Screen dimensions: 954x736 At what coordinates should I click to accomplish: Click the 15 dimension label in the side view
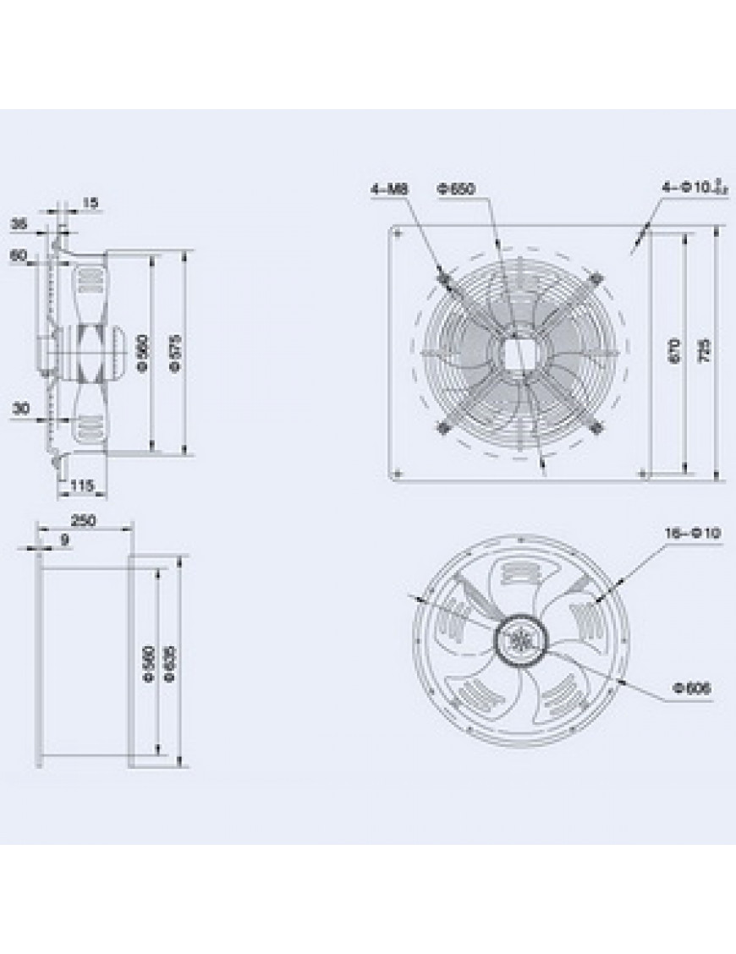pos(91,202)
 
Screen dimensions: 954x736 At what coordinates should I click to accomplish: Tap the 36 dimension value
pos(19,223)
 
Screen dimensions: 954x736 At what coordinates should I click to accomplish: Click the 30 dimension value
pos(21,408)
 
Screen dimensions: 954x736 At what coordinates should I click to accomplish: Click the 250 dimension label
pos(82,521)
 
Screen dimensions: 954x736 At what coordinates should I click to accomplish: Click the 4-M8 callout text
pos(389,189)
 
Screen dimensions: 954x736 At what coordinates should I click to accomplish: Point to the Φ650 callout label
pos(455,189)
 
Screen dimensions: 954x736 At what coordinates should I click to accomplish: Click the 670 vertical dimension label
pos(673,350)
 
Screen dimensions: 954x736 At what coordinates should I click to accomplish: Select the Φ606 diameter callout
pos(693,688)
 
